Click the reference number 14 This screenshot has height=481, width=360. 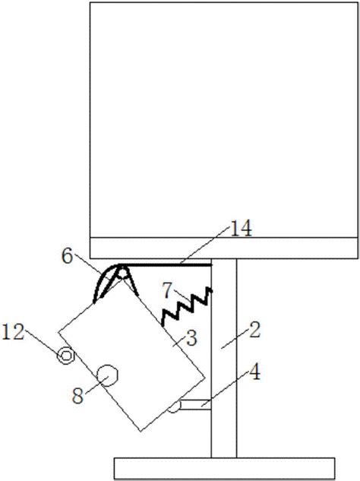241,228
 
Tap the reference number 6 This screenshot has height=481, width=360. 68,256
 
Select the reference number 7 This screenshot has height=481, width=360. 167,290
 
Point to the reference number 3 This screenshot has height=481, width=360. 191,338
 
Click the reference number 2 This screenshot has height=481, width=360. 254,330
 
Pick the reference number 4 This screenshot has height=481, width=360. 254,372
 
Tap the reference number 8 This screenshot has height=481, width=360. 77,395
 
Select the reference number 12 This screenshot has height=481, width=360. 13,332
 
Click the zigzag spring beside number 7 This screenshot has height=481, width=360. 187,306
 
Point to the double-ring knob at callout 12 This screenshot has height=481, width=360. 66,356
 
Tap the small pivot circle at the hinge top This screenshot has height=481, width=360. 122,272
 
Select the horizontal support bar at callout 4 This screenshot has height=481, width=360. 196,404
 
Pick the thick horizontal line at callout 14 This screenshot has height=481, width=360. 166,264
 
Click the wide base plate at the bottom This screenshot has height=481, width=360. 225,468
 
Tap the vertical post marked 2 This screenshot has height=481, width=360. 224,358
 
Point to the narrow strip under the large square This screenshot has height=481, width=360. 224,248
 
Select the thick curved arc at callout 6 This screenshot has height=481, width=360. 103,279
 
